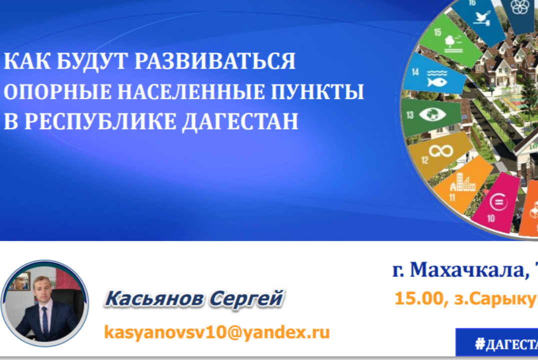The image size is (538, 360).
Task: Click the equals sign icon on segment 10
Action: click(498, 201)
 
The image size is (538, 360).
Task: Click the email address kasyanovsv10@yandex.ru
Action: click(217, 332)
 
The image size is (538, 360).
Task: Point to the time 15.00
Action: click(415, 298)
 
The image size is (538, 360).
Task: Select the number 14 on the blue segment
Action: click(415, 71)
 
